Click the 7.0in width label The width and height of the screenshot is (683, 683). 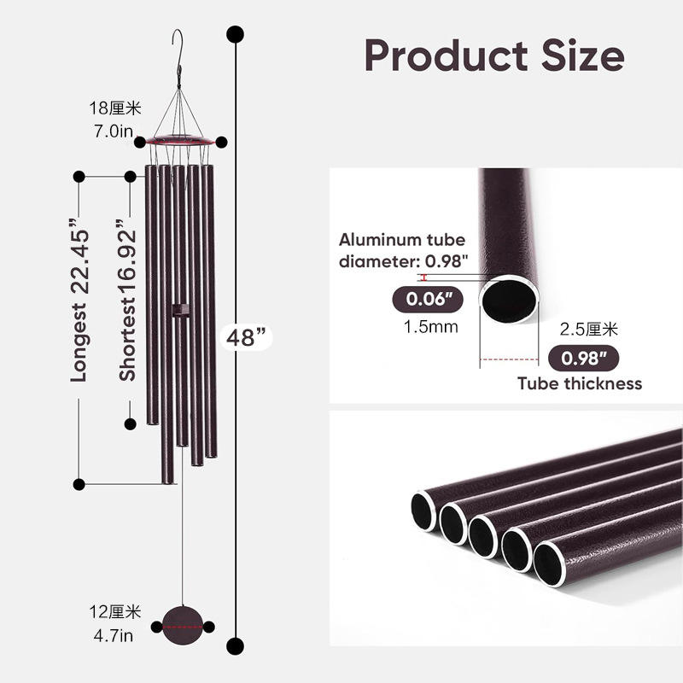[x=114, y=131]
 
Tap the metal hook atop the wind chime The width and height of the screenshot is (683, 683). [x=178, y=47]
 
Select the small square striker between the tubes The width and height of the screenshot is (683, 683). [x=178, y=309]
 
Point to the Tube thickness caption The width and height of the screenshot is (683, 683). [x=580, y=383]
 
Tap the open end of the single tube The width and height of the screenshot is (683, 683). [x=510, y=300]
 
